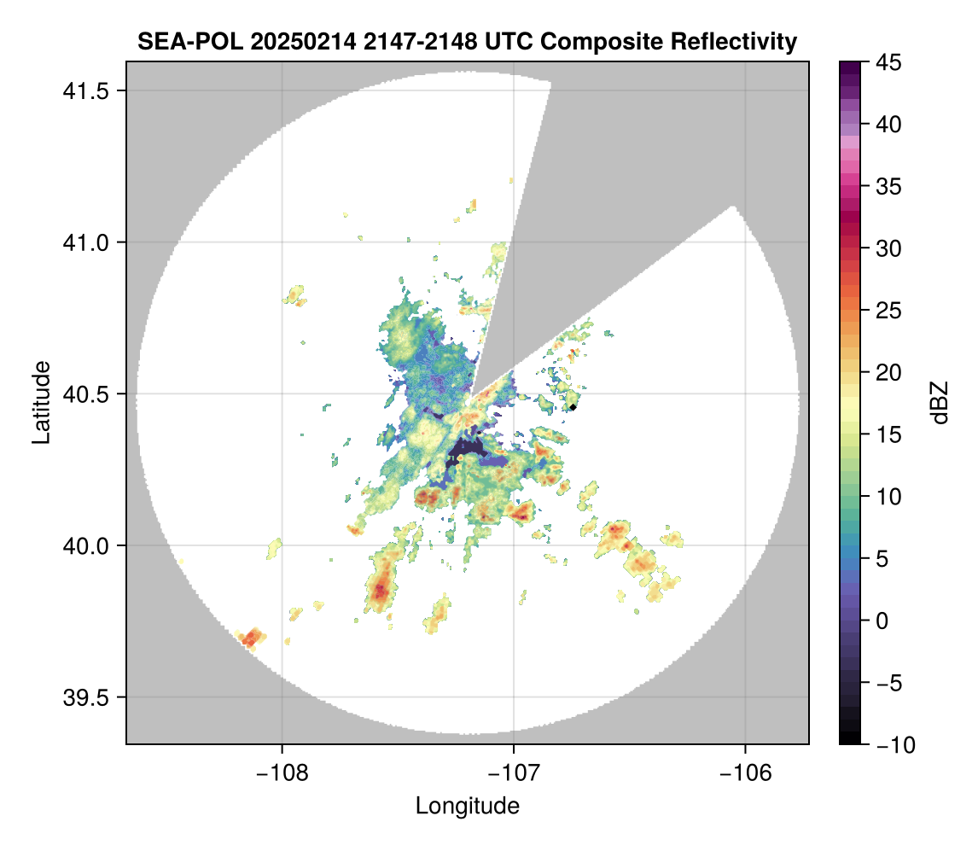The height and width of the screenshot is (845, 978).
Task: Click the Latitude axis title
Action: point(40,402)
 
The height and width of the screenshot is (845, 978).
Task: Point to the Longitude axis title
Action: point(467,806)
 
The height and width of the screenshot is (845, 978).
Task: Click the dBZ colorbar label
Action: point(940,402)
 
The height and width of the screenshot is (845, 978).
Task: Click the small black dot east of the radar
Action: point(573,407)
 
